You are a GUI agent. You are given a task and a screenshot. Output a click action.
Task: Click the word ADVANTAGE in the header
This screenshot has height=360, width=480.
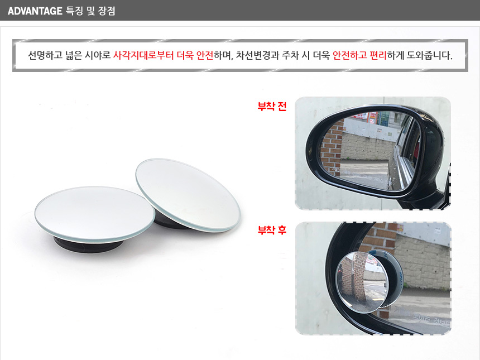(35, 11)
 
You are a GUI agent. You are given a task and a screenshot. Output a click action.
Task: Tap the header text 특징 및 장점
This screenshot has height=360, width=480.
(90, 11)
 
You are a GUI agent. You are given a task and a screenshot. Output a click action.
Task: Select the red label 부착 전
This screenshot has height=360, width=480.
(272, 106)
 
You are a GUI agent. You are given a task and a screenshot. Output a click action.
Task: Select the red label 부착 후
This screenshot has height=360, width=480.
(272, 230)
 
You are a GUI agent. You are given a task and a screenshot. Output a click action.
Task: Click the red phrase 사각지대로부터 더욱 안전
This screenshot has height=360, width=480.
(163, 55)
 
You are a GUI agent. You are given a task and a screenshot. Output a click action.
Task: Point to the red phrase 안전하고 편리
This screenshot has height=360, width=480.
(359, 55)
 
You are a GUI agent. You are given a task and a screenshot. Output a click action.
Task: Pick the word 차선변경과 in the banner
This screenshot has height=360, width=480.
(257, 55)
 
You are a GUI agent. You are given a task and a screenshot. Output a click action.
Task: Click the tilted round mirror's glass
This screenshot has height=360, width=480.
(188, 194)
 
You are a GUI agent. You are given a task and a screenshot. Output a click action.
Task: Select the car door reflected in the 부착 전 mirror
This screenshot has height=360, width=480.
(405, 153)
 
